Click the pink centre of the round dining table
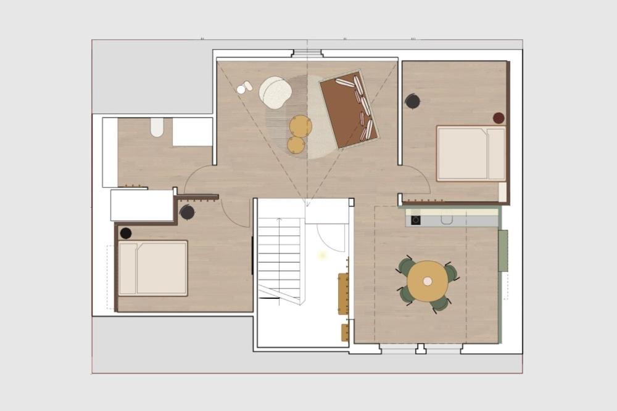pos(428,281)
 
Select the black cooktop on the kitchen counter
pos(416,220)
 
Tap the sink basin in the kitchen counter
pos(447,219)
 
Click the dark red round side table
pos(499,118)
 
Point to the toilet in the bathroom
pos(157,127)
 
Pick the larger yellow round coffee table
pos(300,126)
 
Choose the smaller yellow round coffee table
pos(296,145)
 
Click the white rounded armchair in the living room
pos(275,92)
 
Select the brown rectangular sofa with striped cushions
pos(349,110)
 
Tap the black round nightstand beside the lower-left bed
pos(126,233)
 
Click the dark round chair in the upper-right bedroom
pos(413,101)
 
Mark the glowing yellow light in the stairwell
pos(322,255)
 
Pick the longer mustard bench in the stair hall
pos(343,293)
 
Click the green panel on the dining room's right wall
pos(503,250)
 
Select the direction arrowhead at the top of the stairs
pos(279,220)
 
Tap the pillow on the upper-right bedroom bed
pos(496,154)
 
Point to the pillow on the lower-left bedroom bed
pos(128,269)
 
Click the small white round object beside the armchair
pos(241,90)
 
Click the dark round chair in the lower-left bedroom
pos(187,213)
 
